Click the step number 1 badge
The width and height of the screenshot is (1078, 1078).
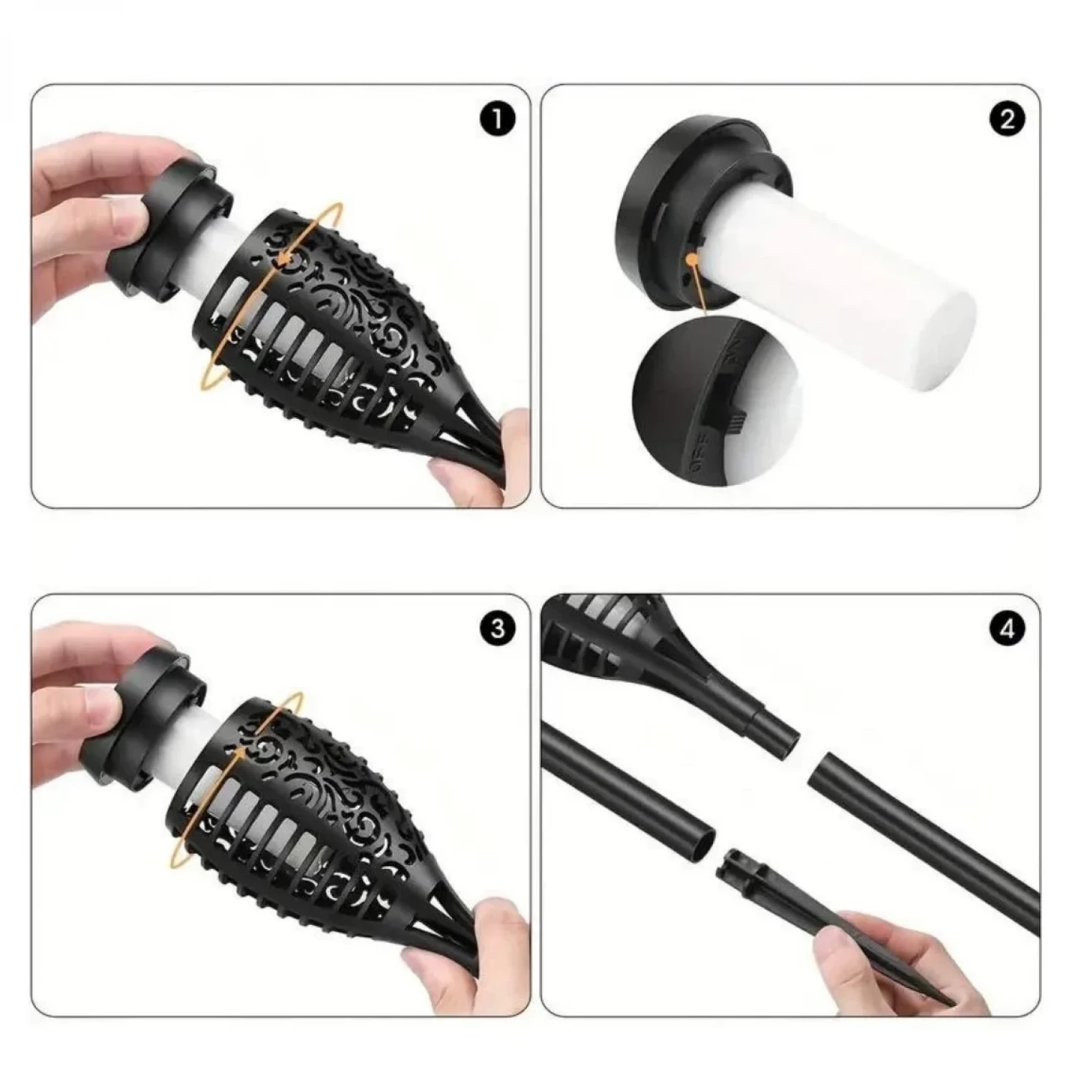click(x=497, y=119)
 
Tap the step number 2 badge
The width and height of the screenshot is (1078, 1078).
click(x=1007, y=119)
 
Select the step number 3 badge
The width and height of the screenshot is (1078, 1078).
click(x=497, y=629)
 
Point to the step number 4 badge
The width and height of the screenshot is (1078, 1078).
click(x=1007, y=629)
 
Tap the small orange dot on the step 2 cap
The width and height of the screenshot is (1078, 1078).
click(x=691, y=257)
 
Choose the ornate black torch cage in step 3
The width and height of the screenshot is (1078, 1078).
click(x=316, y=812)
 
